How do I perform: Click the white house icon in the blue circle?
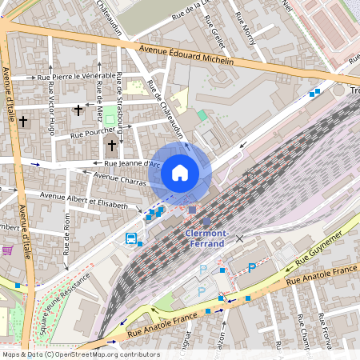[x=180, y=173]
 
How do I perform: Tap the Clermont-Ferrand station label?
[x=207, y=238]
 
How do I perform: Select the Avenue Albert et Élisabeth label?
[x=84, y=200]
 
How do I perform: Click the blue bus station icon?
[x=130, y=238]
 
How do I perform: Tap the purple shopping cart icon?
[x=8, y=250]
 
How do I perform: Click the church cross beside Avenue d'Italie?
[x=24, y=122]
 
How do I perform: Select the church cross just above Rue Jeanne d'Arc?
[x=112, y=145]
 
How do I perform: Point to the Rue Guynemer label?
[x=319, y=250]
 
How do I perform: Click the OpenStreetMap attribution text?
[x=80, y=354]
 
